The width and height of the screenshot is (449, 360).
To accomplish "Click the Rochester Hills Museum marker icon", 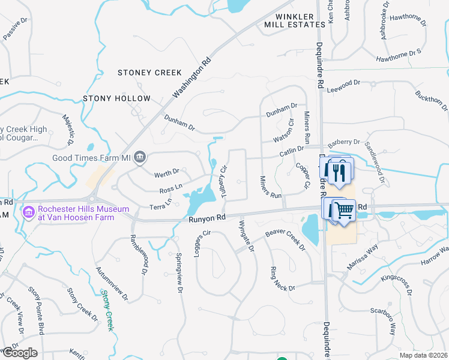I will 28,212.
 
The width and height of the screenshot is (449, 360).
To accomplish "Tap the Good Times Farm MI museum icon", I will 140,158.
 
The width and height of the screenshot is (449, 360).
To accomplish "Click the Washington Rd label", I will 192,77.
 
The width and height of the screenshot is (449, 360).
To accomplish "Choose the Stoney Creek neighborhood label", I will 149,73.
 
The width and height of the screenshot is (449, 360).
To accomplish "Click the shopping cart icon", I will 344,210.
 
